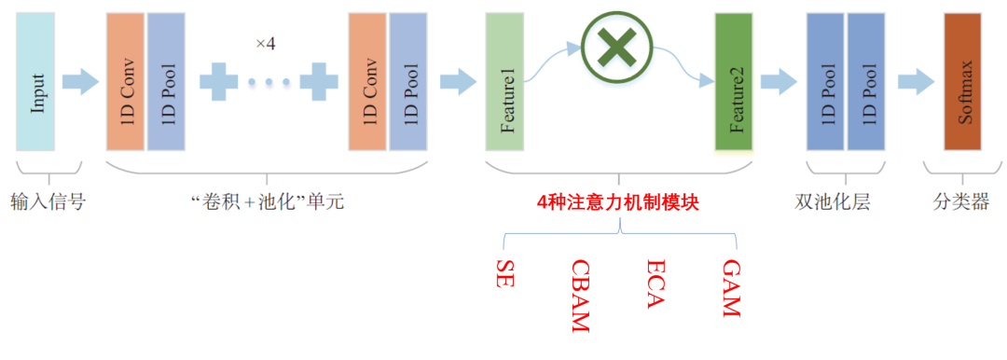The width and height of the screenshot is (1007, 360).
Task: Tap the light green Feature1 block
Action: click(504, 82)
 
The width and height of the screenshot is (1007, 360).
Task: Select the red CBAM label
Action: click(580, 295)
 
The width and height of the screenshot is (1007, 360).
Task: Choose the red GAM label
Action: click(731, 287)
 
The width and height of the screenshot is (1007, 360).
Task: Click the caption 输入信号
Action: click(48, 201)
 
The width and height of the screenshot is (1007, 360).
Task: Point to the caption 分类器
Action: click(960, 201)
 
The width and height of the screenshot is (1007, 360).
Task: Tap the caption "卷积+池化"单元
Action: click(268, 201)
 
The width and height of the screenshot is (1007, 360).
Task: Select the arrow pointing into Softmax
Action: click(915, 82)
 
